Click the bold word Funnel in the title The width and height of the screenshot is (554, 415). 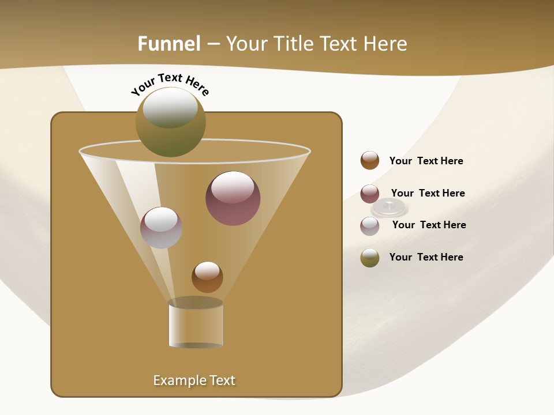[169, 44]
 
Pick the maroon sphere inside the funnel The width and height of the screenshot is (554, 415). [233, 199]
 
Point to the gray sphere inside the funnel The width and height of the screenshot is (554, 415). [161, 228]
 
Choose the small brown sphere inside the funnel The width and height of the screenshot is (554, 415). [207, 277]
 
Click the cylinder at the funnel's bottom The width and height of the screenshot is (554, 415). [196, 324]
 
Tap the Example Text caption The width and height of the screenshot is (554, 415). [194, 380]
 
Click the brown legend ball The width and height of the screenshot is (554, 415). [370, 161]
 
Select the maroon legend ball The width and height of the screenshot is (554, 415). [370, 194]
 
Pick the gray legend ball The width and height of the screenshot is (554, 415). [370, 226]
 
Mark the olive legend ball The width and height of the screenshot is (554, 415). [370, 258]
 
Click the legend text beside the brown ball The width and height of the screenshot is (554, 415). [426, 161]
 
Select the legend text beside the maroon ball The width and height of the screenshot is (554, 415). [428, 193]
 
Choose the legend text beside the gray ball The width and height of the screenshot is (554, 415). [429, 225]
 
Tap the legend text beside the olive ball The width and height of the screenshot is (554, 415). [426, 257]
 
